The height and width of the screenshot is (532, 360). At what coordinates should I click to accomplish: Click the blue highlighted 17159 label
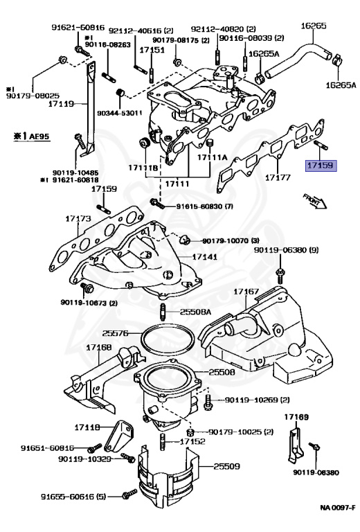pyautogui.click(x=321, y=166)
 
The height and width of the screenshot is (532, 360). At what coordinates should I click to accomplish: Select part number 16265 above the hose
pyautogui.click(x=313, y=26)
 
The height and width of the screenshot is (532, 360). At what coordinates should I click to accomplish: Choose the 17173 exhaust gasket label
pyautogui.click(x=78, y=219)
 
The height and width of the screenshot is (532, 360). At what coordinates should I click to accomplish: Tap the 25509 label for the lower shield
pyautogui.click(x=227, y=466)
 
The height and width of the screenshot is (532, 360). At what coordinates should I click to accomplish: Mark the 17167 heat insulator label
pyautogui.click(x=246, y=292)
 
